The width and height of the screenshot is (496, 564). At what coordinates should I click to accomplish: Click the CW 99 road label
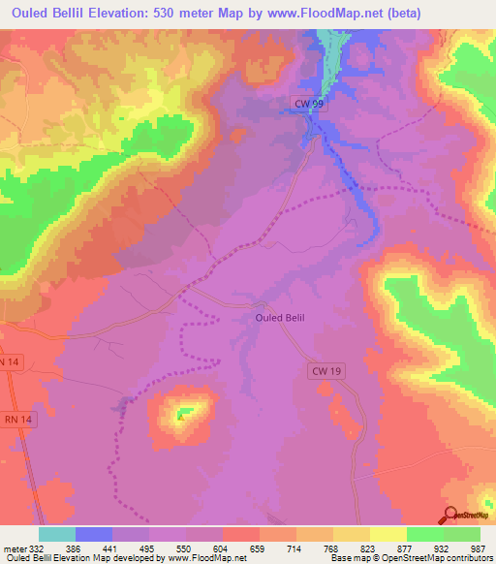[308, 102]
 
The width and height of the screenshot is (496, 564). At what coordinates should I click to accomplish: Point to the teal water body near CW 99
[331, 58]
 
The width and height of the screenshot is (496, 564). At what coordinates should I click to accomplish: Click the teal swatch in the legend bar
[57, 534]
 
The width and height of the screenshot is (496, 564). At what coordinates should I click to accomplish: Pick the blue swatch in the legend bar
[94, 534]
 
